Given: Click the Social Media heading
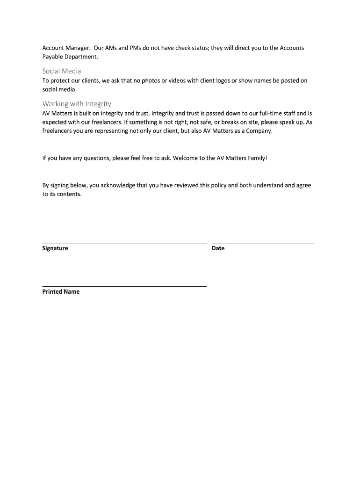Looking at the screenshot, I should tap(62, 71).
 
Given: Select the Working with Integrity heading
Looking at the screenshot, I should tap(77, 104).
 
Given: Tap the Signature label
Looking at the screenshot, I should tap(55, 248).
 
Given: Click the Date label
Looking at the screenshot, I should tap(218, 248).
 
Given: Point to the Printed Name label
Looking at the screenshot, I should tap(61, 292).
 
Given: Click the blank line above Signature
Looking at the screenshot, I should tap(124, 243).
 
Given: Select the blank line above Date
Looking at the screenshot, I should tap(263, 243).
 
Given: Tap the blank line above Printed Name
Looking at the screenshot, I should tap(124, 286).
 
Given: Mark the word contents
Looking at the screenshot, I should tap(69, 194).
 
